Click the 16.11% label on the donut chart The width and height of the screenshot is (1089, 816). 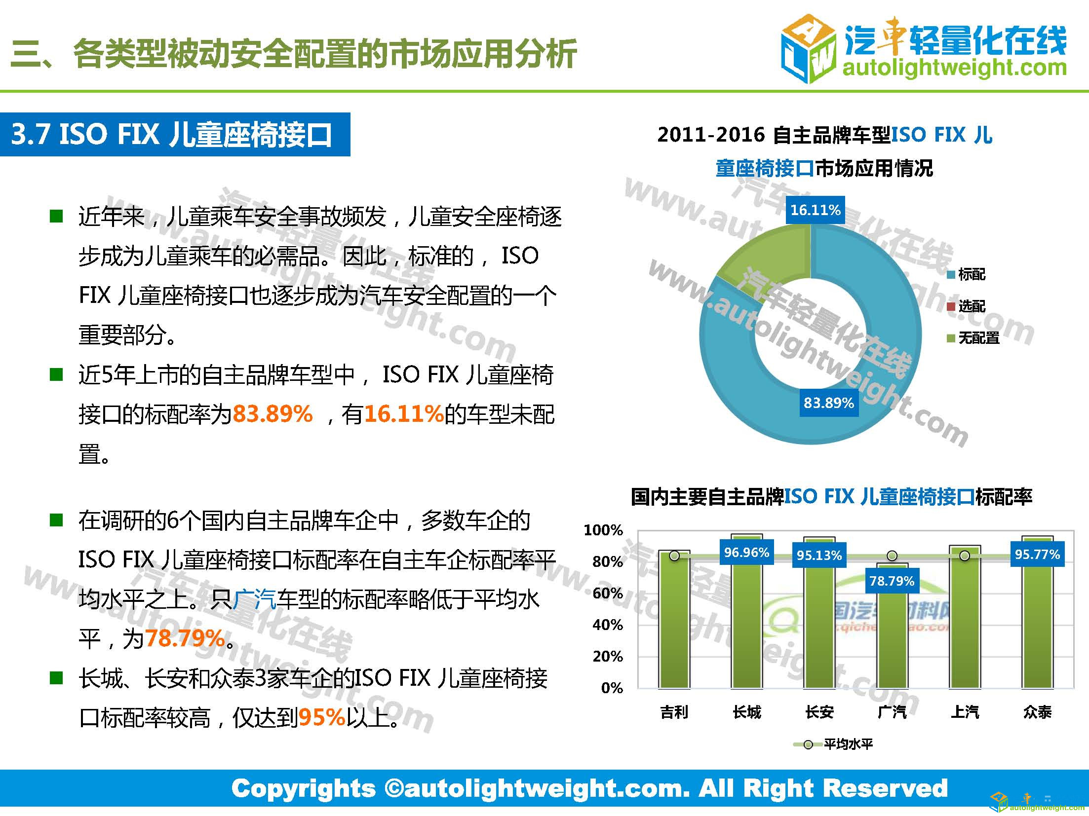(x=815, y=210)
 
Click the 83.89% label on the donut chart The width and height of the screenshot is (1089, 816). (x=828, y=403)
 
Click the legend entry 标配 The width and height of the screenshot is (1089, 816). (x=971, y=274)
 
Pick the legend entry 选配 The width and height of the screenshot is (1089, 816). (x=971, y=306)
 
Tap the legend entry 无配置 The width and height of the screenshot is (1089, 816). (x=978, y=338)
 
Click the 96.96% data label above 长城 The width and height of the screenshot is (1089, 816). (x=746, y=553)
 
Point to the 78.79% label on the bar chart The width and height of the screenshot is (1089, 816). (x=892, y=581)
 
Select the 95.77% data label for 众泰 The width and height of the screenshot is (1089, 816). (x=1037, y=555)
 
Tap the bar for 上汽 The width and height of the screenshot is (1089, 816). (x=964, y=622)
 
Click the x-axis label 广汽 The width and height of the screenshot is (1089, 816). (x=892, y=712)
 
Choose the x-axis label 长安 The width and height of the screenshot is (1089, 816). (x=819, y=712)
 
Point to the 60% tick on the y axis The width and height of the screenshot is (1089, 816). (x=608, y=593)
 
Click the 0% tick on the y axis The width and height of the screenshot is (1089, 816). (x=612, y=688)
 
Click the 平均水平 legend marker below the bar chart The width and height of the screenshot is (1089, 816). (x=808, y=744)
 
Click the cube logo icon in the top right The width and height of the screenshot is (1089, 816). (x=809, y=48)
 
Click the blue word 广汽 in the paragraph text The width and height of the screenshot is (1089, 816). (x=254, y=599)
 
